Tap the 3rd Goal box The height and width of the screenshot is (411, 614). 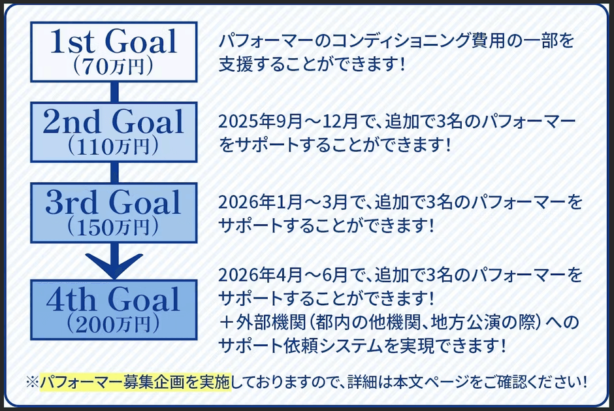click(x=114, y=210)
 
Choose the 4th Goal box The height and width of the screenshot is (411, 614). click(x=114, y=308)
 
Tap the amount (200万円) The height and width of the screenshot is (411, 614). click(x=114, y=323)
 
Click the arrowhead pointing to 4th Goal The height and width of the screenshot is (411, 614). click(x=114, y=264)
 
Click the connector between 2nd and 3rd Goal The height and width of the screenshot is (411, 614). click(x=114, y=172)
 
